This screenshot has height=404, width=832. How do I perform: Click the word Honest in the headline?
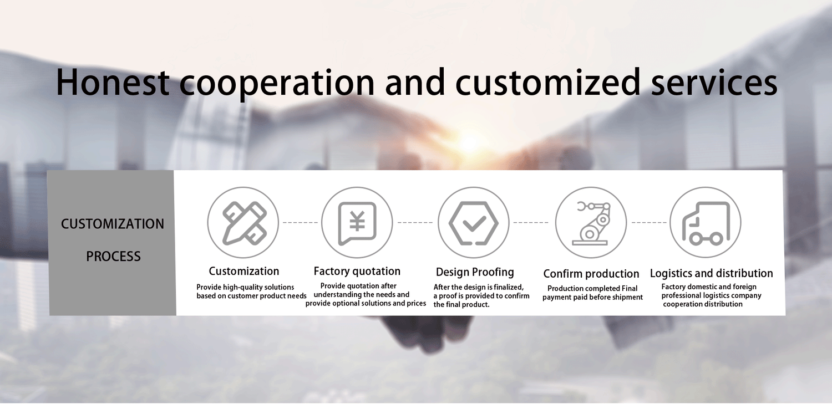[x=113, y=82]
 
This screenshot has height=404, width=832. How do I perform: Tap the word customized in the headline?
[x=548, y=82]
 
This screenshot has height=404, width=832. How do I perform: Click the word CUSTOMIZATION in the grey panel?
[x=113, y=224]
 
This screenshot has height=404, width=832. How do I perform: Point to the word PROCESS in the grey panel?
[x=113, y=257]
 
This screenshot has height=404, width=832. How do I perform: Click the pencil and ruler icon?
[x=244, y=223]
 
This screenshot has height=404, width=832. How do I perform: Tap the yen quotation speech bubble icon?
[x=357, y=223]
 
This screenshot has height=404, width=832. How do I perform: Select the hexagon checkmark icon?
[x=474, y=223]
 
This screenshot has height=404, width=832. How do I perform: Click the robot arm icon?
[x=591, y=223]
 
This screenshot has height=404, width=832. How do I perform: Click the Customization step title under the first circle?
[x=243, y=271]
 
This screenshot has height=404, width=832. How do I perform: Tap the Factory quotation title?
[x=357, y=272]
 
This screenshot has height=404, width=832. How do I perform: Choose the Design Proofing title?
[x=475, y=272]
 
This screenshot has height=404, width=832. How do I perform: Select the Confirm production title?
[x=591, y=274]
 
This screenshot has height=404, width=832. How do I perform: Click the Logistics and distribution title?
[x=711, y=273]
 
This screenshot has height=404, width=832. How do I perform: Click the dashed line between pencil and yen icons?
[x=300, y=223]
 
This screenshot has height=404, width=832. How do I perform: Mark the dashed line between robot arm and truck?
[x=649, y=223]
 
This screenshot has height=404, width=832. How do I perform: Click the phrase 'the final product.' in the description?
[x=461, y=305]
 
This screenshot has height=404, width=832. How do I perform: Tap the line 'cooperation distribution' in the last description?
[x=703, y=304]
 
